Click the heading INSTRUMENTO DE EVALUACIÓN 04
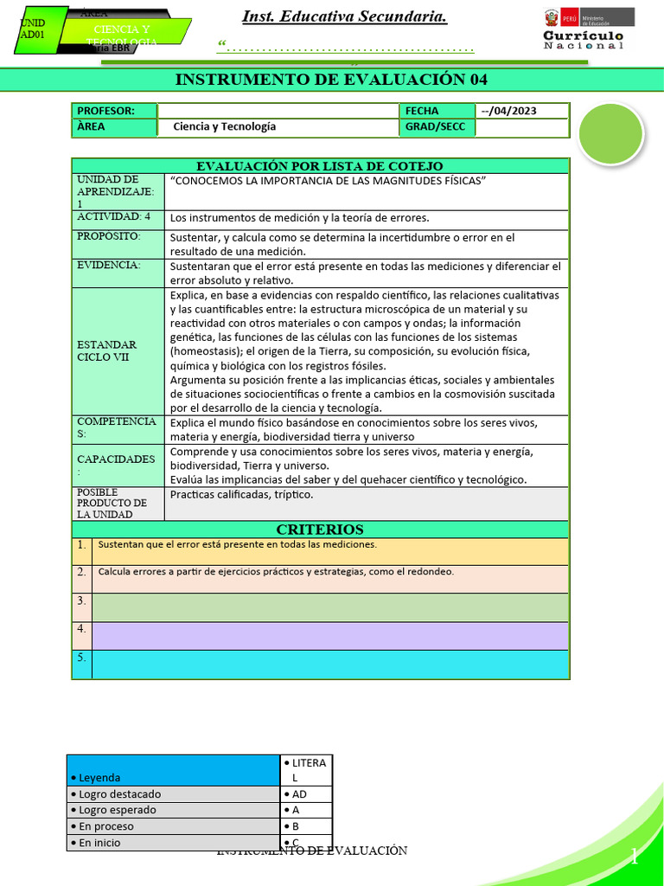coord(331,80)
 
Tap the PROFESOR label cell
coord(113,111)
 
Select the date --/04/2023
coord(522,111)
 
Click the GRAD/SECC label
coord(436,126)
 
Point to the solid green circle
coord(610,133)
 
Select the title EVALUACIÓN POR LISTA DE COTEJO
coord(320,166)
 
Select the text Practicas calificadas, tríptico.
coord(242,495)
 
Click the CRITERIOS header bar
coord(320,530)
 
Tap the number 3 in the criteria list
coord(80,600)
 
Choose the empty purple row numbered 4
coord(329,636)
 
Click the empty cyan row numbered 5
coord(329,664)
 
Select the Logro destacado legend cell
coord(173,794)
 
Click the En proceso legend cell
coord(173,826)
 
